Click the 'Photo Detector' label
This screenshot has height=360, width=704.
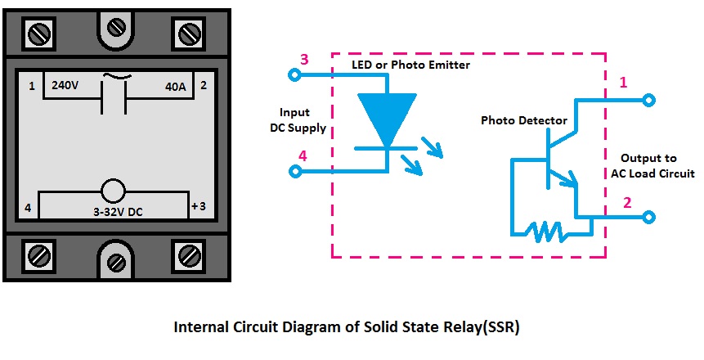point(523,120)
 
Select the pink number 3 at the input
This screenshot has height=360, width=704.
point(303,59)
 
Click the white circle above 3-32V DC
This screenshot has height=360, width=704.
point(113,191)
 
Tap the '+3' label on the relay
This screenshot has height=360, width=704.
point(198,206)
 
